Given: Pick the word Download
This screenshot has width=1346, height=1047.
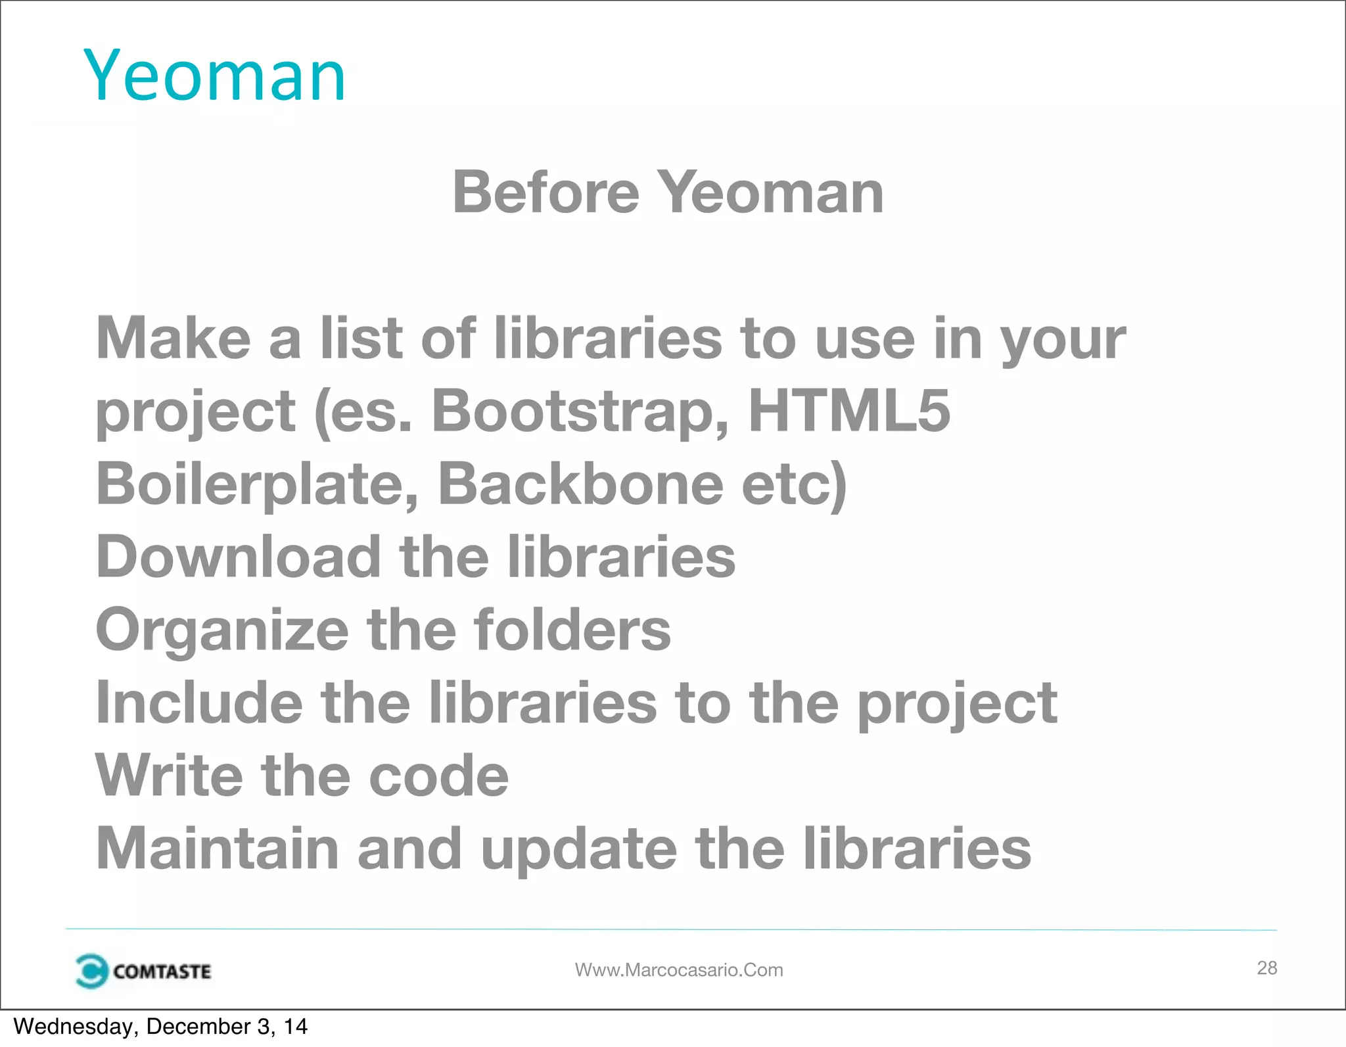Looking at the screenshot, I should pos(238,557).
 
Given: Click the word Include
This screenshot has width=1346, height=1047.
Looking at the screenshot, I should pos(199,703).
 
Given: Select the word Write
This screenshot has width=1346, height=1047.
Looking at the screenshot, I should pos(169,776).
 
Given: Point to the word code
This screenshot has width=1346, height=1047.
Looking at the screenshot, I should pos(438,776).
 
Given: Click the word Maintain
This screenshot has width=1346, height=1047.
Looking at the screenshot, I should pos(218,849).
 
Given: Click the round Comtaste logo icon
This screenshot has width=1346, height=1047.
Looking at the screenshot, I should pos(91,971).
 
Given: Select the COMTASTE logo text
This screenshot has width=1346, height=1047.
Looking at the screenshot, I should pos(162,971).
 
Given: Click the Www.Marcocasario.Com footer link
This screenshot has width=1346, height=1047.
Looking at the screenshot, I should pos(679,970).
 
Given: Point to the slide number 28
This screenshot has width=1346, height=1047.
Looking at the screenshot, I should pos(1266,967).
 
